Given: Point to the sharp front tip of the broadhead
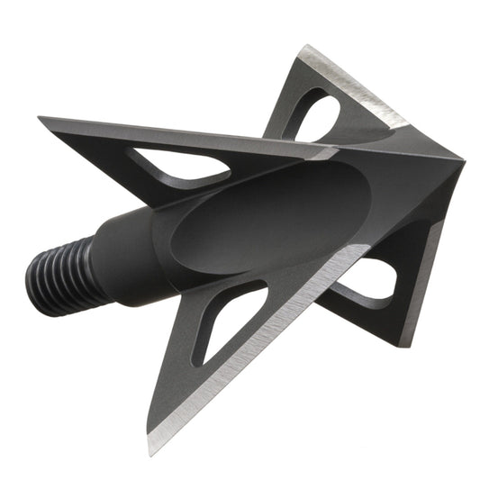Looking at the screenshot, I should pyautogui.click(x=462, y=162).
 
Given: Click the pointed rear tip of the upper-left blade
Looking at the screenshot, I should pyautogui.click(x=41, y=118).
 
